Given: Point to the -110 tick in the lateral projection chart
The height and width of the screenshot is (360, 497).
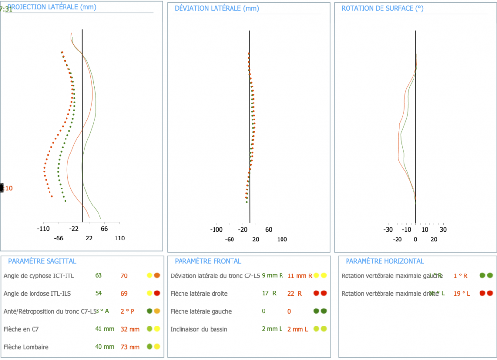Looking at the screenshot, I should [x=44, y=229].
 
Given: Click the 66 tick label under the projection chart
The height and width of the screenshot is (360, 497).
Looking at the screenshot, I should [x=104, y=229].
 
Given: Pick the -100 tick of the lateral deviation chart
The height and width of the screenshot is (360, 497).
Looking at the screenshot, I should [x=216, y=230].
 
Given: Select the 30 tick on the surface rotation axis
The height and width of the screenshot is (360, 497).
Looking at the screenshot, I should [x=442, y=230].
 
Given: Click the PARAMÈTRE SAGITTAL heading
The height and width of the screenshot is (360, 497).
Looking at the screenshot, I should [x=42, y=261].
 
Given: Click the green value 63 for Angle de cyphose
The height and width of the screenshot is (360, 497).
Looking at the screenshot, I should [x=99, y=276].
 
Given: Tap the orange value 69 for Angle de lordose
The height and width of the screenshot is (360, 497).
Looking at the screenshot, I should [x=124, y=294].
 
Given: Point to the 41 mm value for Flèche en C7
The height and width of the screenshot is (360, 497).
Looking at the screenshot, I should [x=104, y=329].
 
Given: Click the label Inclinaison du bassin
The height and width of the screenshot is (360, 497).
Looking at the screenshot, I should [x=199, y=329].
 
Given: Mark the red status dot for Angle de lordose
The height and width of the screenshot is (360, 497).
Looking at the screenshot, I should [x=157, y=294].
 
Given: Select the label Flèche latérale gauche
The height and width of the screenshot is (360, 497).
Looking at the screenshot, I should [x=201, y=311].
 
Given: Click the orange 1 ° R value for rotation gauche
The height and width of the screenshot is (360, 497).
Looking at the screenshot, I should [x=460, y=276].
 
